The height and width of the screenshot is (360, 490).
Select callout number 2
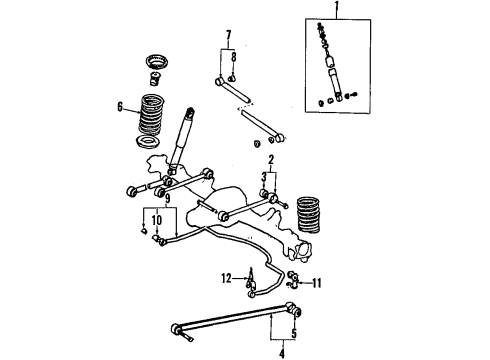[271, 160]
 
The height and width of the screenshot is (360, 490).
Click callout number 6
[121, 106]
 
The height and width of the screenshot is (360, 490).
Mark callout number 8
[232, 57]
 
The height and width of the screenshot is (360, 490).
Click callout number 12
[227, 276]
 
